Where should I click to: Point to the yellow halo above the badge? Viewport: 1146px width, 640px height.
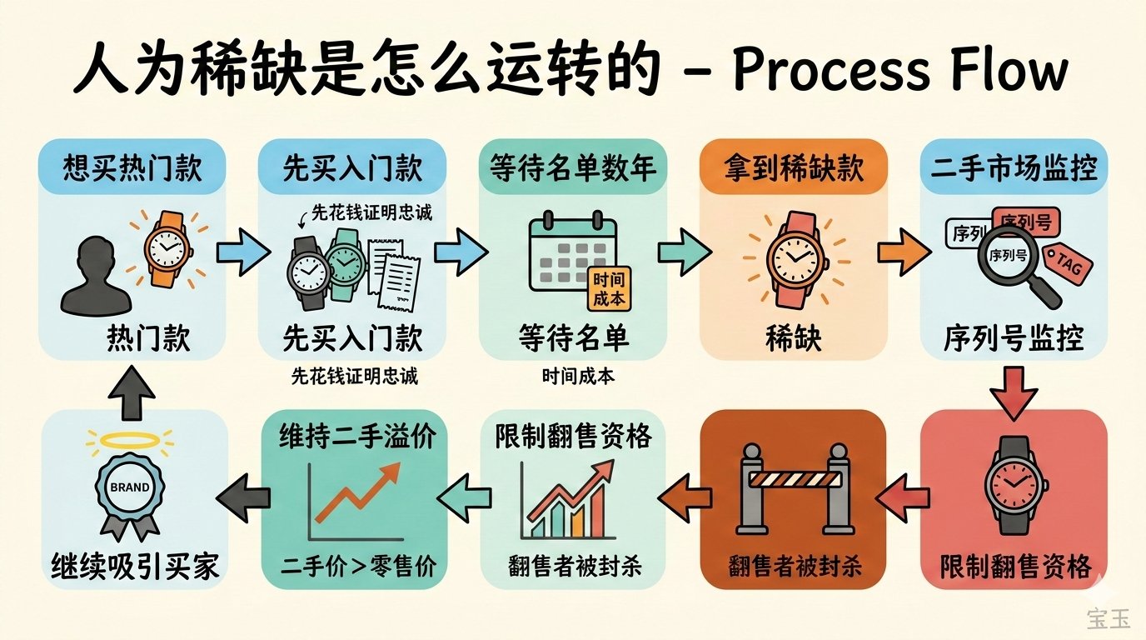pyautogui.click(x=130, y=439)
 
